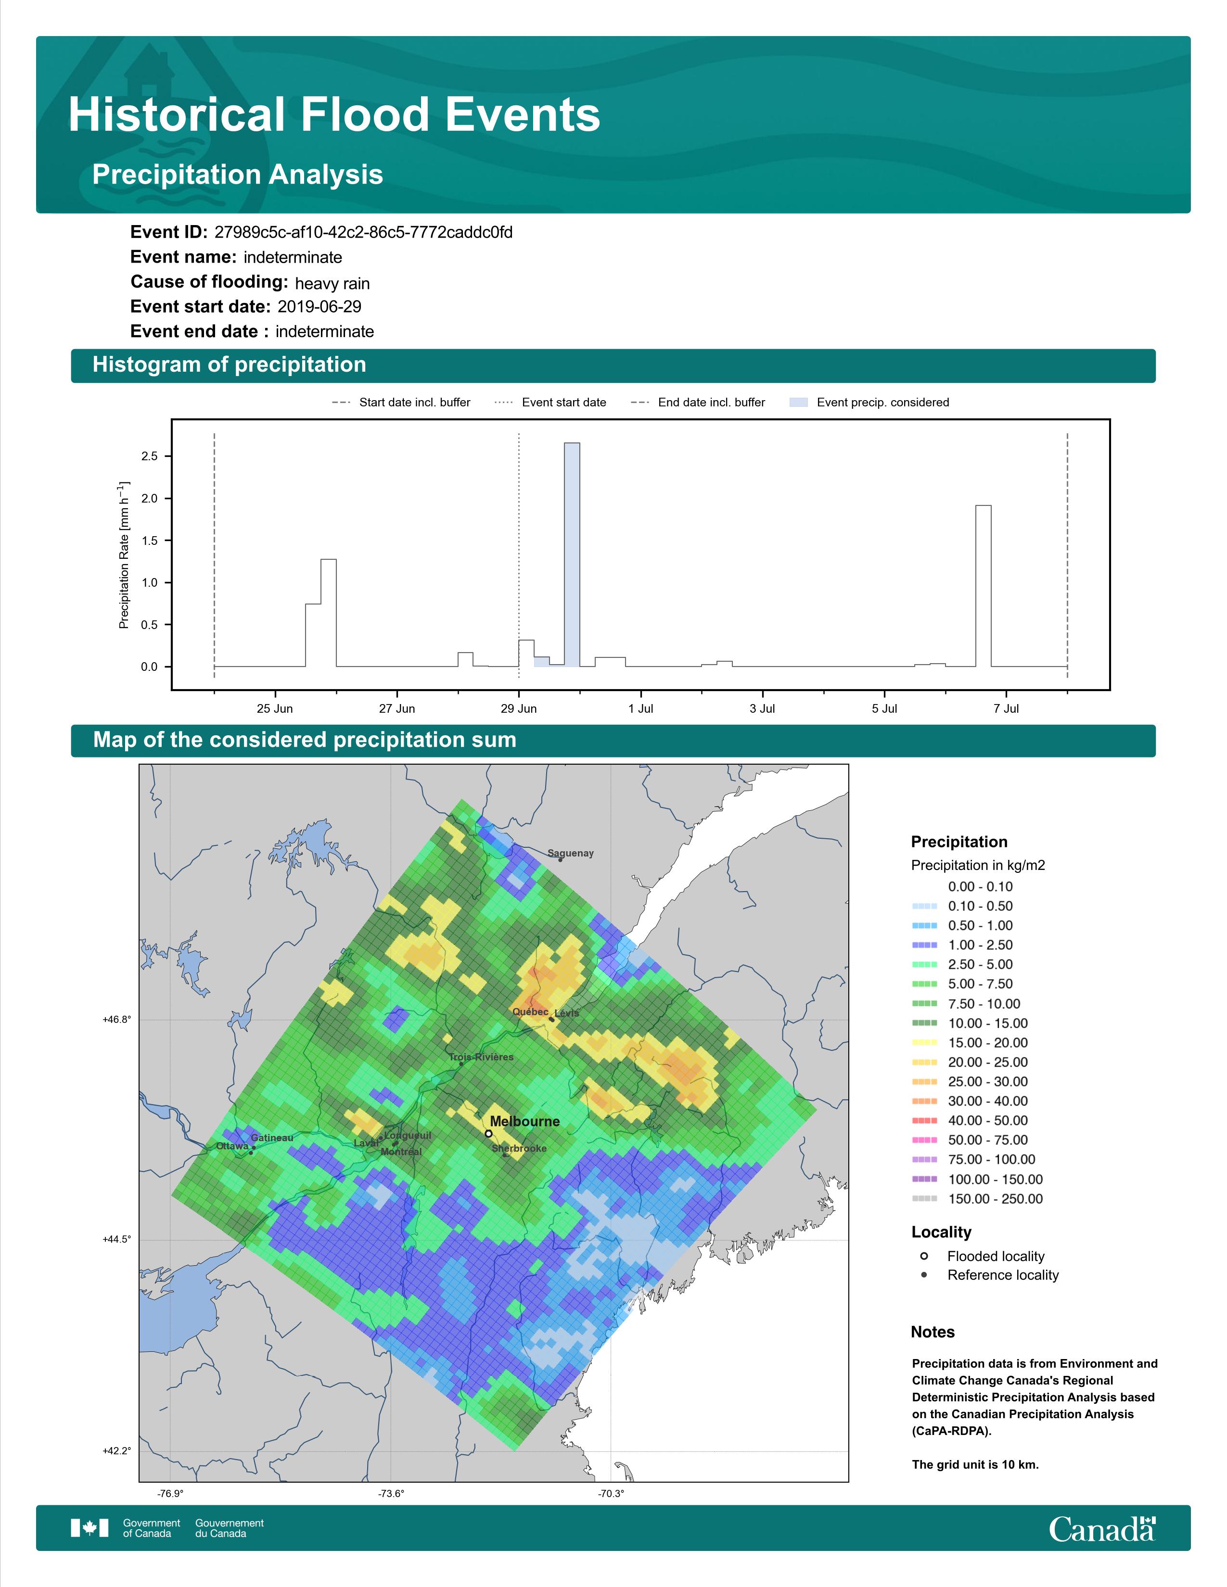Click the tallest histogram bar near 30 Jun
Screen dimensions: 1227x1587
572,554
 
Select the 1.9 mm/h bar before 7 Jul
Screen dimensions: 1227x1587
983,586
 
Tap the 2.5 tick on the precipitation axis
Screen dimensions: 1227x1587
150,456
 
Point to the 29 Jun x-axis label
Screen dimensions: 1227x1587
518,708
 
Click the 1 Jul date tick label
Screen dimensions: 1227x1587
640,708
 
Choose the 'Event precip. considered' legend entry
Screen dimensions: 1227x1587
869,403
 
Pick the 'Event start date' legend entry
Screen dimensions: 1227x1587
550,403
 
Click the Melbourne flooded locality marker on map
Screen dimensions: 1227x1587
488,1133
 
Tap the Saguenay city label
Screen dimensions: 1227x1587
571,853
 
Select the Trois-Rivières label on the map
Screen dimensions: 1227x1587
481,1057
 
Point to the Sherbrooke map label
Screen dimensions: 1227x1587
519,1148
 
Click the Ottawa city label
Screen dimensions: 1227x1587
232,1146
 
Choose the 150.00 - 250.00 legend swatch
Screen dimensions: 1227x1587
924,1199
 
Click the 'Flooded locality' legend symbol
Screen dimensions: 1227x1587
924,1256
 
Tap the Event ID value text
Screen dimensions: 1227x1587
363,233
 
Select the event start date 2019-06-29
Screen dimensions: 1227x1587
319,307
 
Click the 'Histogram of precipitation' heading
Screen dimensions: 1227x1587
229,365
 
